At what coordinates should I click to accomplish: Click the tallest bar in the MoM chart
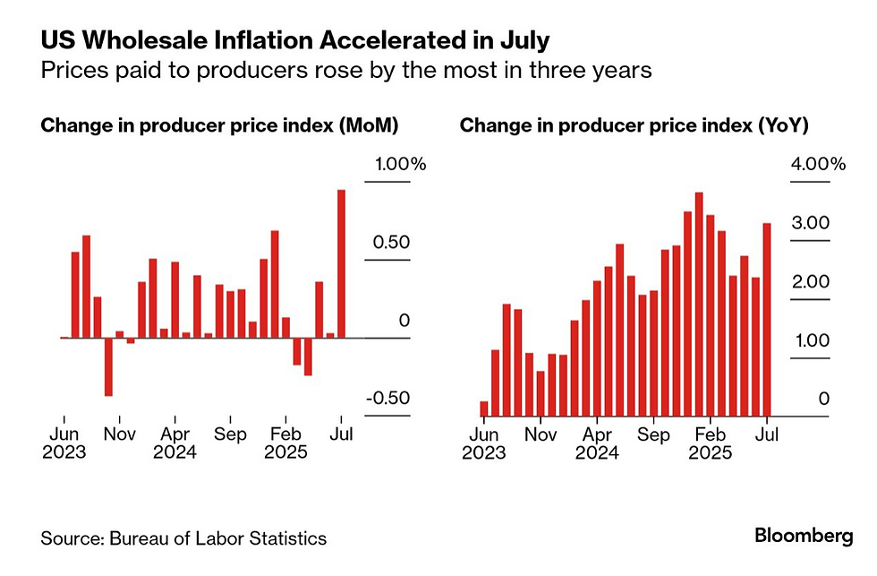point(341,263)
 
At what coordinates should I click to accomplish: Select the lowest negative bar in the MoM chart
point(108,366)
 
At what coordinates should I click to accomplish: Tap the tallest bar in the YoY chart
point(699,304)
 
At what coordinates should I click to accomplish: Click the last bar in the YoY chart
point(767,320)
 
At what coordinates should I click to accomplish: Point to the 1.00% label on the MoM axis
point(396,165)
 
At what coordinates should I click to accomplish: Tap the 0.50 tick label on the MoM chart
point(392,243)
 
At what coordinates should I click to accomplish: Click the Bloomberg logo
point(804,537)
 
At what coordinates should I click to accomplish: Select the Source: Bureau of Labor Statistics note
point(183,538)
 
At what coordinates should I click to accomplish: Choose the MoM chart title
point(219,125)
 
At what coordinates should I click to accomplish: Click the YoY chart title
point(634,125)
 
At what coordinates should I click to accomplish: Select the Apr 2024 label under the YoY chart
point(597,443)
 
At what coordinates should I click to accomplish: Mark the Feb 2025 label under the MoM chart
point(285,443)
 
